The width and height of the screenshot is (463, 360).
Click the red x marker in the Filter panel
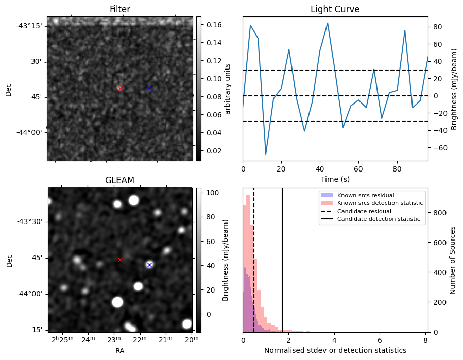click(x=120, y=89)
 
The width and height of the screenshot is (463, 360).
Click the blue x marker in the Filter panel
click(x=149, y=89)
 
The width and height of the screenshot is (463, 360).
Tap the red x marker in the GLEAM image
click(x=120, y=260)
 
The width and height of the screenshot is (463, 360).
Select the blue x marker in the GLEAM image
click(x=149, y=265)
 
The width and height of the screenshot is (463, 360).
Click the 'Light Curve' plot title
click(x=335, y=9)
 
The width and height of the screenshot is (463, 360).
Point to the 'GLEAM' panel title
click(x=119, y=180)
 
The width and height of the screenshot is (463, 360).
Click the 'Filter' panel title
click(x=120, y=9)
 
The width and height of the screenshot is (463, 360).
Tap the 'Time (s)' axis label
click(x=335, y=179)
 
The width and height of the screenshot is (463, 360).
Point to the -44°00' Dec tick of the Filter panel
click(x=29, y=132)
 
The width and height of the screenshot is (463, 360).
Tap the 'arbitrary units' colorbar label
click(x=228, y=89)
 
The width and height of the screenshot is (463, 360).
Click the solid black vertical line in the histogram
click(x=282, y=258)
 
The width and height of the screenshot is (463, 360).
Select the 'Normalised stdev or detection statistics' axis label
click(x=335, y=350)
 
